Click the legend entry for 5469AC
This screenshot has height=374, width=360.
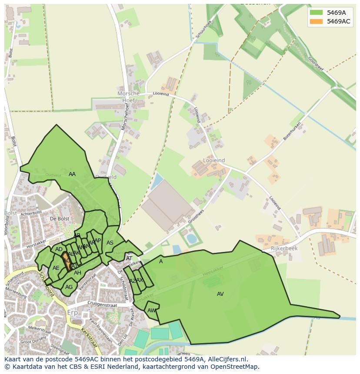coord(338,21)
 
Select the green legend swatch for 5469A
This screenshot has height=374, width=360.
coord(317,13)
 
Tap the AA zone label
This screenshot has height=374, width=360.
coord(72,174)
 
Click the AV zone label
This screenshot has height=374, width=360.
coord(220,294)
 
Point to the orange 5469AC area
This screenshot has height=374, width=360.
coord(67,261)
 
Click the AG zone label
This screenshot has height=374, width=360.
coord(69,287)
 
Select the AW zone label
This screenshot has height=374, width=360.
coord(151,311)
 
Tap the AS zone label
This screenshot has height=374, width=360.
coord(110,243)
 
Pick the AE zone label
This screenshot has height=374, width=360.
coord(56,268)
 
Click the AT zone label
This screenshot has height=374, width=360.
coord(129,258)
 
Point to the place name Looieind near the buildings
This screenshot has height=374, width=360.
coord(213,160)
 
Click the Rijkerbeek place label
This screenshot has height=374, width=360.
coord(283,248)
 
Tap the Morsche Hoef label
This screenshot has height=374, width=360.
coord(129,97)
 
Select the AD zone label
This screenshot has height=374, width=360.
coord(59,249)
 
